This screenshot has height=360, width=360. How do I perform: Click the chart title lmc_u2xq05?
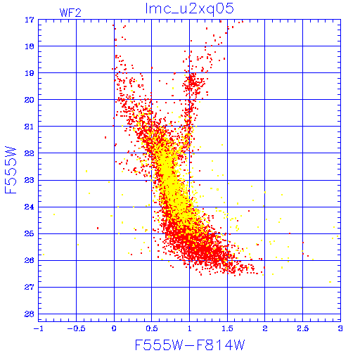point(190,9)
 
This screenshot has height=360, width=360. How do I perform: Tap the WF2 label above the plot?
point(70,13)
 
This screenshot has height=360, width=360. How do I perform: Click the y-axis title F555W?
point(11,170)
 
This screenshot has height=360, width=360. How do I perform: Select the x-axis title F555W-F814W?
point(190,345)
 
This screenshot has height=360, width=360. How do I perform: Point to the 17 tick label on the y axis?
point(30,20)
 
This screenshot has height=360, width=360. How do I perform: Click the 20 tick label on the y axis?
point(30,100)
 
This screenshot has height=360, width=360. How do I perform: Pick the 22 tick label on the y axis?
point(30,153)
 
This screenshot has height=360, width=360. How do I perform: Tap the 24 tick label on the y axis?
point(30,207)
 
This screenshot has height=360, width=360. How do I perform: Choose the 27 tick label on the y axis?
point(30,287)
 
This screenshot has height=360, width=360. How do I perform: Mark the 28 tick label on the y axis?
point(30,314)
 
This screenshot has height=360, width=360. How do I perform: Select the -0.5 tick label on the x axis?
point(77,328)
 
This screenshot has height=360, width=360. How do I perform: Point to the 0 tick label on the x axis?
point(114,328)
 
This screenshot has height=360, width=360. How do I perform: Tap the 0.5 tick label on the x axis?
point(152,328)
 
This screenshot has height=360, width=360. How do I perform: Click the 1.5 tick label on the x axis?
point(227,328)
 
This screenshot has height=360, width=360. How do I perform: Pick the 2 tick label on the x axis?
point(265,328)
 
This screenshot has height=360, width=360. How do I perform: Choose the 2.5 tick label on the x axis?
point(303,328)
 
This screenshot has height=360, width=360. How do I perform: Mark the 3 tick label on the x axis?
point(340,328)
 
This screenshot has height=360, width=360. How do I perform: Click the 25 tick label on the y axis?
point(30,233)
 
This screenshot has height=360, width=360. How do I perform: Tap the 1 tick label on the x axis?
point(190,328)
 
